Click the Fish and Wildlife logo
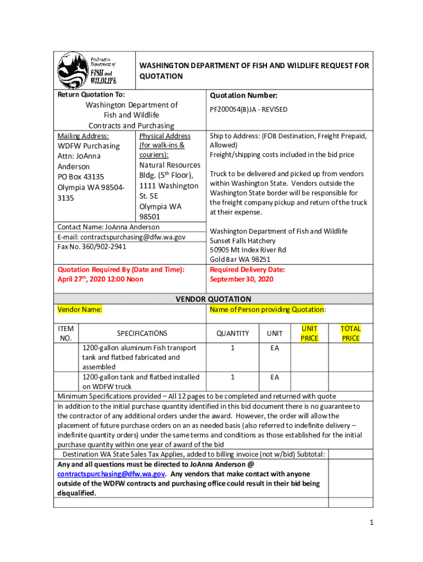87,70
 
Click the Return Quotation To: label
91,95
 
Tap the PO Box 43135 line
81,177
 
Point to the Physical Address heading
165,136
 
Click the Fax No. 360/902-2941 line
92,246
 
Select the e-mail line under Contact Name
121,237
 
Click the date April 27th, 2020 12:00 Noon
101,279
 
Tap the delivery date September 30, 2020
241,279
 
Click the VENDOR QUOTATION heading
213,299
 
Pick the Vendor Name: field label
81,310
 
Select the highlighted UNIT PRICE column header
309,333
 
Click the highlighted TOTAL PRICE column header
350,333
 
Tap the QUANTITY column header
232,333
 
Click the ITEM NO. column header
65,333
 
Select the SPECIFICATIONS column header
142,333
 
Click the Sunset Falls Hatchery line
242,241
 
